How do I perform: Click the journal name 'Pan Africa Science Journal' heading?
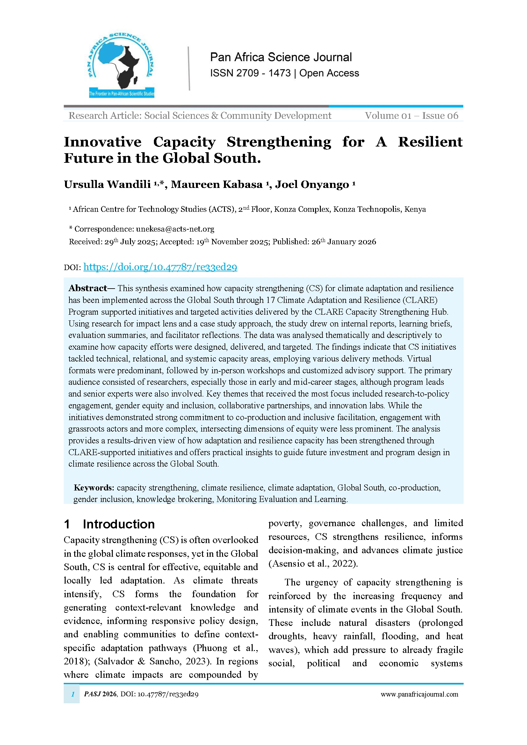281,57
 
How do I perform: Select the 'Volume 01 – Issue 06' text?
411,116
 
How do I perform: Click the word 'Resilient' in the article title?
430,142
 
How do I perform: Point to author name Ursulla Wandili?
107,184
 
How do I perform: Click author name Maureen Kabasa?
216,184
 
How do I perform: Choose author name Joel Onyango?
312,184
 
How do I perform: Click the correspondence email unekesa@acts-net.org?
175,229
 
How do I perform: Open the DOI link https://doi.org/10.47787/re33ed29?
160,267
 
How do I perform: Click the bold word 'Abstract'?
88,288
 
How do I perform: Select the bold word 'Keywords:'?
94,488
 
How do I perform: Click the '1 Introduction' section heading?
109,524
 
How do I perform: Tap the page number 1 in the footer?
73,694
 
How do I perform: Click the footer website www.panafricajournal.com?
419,694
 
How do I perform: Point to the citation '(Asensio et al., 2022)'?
313,564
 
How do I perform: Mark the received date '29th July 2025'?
129,242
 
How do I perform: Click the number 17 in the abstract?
270,300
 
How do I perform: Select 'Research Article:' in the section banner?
105,116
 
